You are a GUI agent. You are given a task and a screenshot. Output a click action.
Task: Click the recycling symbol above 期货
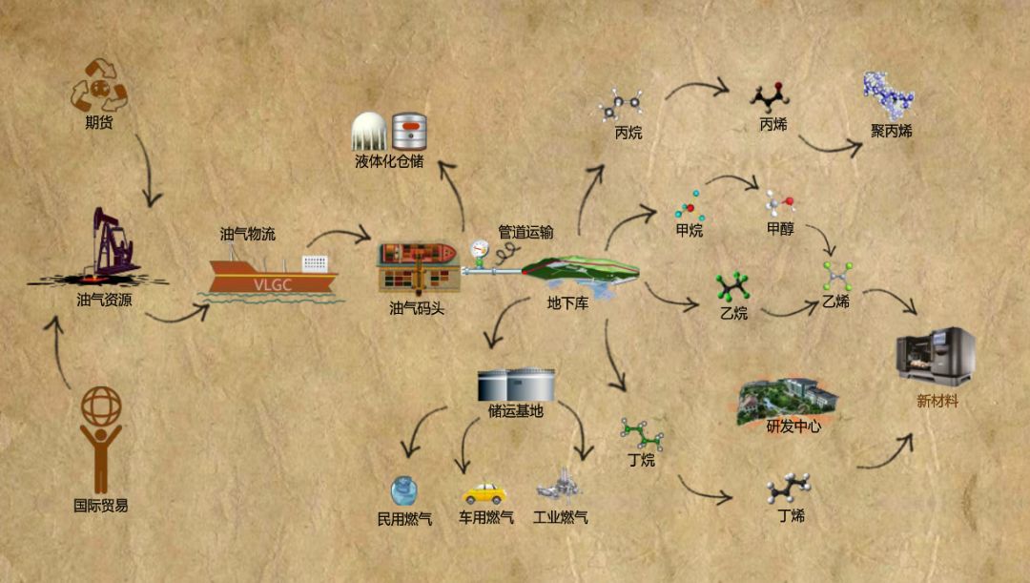99,84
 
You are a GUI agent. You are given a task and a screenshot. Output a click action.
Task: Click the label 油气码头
417,308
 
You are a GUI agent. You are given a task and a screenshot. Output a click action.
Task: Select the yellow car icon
484,492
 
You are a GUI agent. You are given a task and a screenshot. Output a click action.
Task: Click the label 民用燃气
405,519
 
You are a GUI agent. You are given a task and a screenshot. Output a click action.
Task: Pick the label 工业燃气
561,518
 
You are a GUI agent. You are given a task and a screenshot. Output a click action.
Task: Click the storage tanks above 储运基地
516,385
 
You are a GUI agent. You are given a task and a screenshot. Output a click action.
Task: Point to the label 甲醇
780,229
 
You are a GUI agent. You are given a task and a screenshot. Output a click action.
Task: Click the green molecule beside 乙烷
732,285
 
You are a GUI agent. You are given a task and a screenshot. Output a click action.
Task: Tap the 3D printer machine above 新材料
934,356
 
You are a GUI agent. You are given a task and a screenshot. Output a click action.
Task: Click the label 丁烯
791,516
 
